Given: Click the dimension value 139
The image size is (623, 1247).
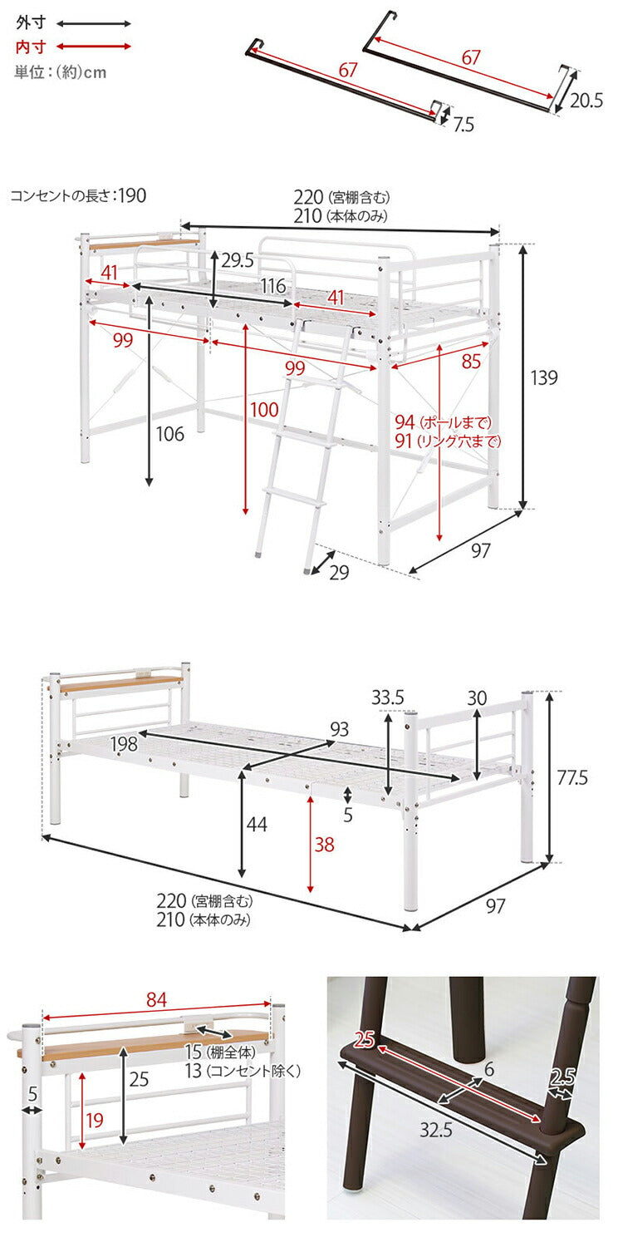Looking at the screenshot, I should click(x=544, y=378).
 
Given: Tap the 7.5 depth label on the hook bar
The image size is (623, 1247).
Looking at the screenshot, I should click(x=464, y=125).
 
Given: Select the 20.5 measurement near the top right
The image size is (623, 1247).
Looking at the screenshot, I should click(x=586, y=101).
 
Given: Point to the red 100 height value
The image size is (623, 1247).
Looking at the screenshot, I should click(x=265, y=409).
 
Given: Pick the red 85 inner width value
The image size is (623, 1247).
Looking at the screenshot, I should click(x=471, y=362).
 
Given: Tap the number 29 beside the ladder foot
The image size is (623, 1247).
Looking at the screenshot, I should click(x=339, y=573).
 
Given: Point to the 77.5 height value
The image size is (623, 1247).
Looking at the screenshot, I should click(x=571, y=778).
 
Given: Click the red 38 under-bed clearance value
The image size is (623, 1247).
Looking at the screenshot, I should click(x=325, y=845).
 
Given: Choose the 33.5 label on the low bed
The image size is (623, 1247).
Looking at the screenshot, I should click(x=387, y=697).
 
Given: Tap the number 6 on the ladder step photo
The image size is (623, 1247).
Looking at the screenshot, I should click(x=489, y=1069).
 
